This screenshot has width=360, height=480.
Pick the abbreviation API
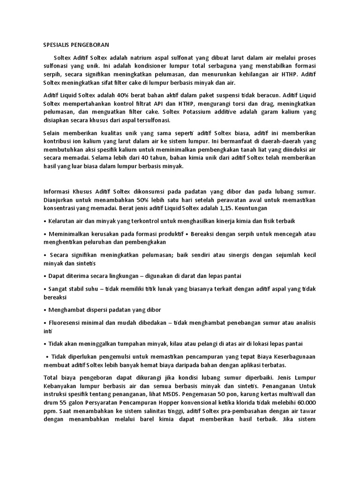[x=171, y=104]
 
